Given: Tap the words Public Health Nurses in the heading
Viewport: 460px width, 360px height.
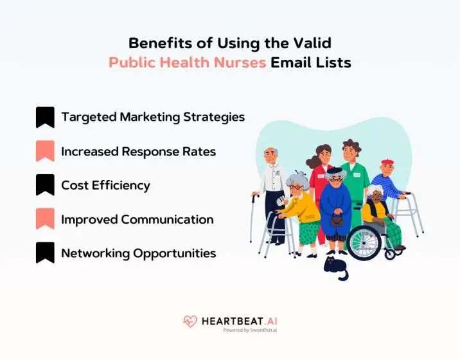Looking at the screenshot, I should [x=187, y=63].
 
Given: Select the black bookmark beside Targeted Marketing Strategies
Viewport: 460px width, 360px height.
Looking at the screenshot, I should [x=45, y=117].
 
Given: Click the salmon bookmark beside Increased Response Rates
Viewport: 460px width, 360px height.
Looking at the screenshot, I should [x=45, y=151].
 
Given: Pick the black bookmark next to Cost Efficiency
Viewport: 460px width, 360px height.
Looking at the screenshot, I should [x=45, y=185].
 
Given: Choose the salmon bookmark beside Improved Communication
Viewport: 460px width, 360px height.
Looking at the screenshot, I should [x=45, y=219].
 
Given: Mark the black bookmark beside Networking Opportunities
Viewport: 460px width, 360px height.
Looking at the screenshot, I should [x=45, y=253].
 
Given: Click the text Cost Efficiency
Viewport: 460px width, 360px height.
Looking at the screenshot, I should [x=105, y=185].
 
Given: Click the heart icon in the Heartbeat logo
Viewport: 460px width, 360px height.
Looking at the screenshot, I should [x=190, y=321].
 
